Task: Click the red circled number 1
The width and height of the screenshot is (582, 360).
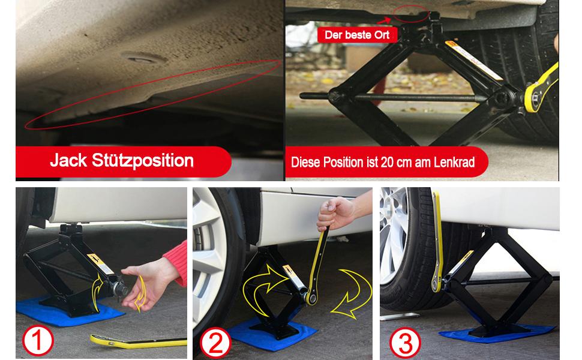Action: click(x=38, y=341)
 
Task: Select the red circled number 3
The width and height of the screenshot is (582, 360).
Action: click(x=405, y=343)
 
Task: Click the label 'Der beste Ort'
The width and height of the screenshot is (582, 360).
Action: click(x=357, y=35)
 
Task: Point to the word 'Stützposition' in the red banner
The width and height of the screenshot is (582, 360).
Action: click(x=143, y=161)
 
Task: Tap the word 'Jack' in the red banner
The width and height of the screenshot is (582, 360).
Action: click(x=68, y=160)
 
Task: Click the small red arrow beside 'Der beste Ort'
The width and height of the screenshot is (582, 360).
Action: click(x=385, y=20)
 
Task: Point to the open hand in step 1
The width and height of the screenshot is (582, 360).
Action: click(x=148, y=284)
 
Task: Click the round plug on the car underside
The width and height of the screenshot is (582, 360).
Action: click(x=143, y=58)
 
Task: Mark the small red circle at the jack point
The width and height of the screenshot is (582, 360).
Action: click(x=412, y=14)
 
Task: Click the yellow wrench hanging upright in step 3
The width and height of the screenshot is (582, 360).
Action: click(x=437, y=242)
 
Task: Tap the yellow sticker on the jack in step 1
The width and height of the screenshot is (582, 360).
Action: click(x=100, y=263)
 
